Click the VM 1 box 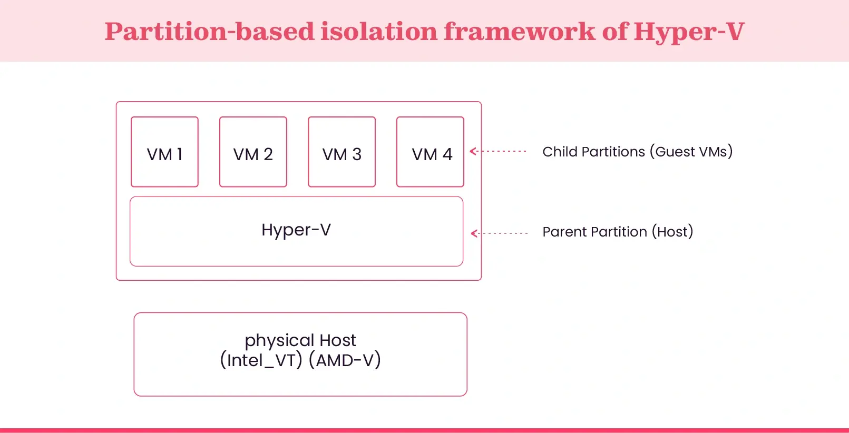point(164,152)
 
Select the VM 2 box point(253,152)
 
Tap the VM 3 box point(341,152)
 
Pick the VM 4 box point(430,152)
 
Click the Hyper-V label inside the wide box point(296,230)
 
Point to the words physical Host point(300,340)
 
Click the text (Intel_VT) point(261,360)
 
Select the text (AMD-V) point(345,360)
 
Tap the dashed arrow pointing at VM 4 point(498,151)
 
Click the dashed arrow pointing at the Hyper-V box point(499,233)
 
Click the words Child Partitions point(593,152)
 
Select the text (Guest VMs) point(691,152)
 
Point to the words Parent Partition point(594,232)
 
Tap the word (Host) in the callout point(672,232)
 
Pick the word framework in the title point(519,32)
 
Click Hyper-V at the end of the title point(689,32)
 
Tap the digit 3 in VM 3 point(357,154)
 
